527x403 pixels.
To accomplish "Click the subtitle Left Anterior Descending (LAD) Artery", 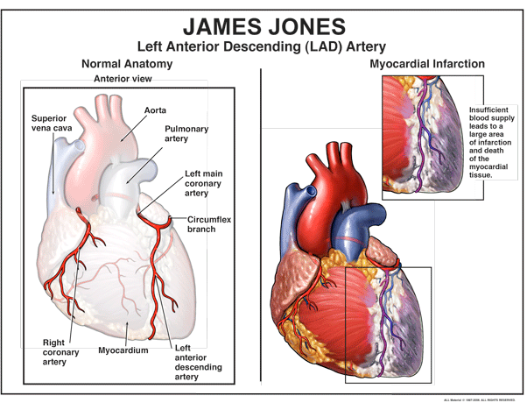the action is pyautogui.click(x=263, y=45).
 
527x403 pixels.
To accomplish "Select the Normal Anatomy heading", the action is pyautogui.click(x=126, y=64).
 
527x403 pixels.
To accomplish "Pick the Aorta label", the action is pyautogui.click(x=155, y=110).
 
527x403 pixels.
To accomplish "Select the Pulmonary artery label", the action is pyautogui.click(x=186, y=133).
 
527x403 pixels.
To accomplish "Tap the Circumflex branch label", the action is pyautogui.click(x=206, y=223).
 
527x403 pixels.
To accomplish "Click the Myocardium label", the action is pyautogui.click(x=123, y=350).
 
